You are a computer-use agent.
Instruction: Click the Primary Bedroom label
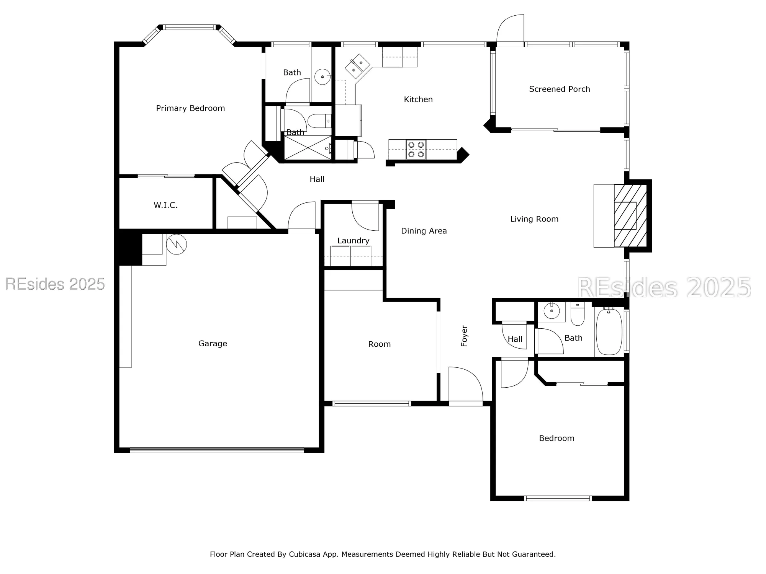pyautogui.click(x=190, y=108)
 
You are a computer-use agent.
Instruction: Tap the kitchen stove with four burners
pyautogui.click(x=416, y=149)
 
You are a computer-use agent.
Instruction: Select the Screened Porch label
pyautogui.click(x=559, y=89)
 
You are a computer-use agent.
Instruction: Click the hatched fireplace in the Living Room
pyautogui.click(x=630, y=216)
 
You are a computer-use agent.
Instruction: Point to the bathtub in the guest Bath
pyautogui.click(x=609, y=331)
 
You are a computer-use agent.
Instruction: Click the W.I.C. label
pyautogui.click(x=165, y=205)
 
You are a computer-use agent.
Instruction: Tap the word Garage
pyautogui.click(x=213, y=344)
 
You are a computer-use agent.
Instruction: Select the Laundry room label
pyautogui.click(x=353, y=241)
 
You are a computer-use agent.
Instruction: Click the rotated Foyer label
pyautogui.click(x=464, y=336)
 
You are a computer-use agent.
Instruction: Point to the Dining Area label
pyautogui.click(x=424, y=231)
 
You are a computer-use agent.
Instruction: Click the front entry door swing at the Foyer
pyautogui.click(x=465, y=385)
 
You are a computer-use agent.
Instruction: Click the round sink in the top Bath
pyautogui.click(x=322, y=77)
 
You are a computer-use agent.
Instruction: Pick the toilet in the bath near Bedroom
pyautogui.click(x=577, y=314)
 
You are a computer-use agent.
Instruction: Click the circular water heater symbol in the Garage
pyautogui.click(x=177, y=244)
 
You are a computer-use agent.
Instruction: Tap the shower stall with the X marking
pyautogui.click(x=308, y=147)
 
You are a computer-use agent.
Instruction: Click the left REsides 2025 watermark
pyautogui.click(x=55, y=284)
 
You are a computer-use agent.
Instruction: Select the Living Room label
pyautogui.click(x=534, y=219)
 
